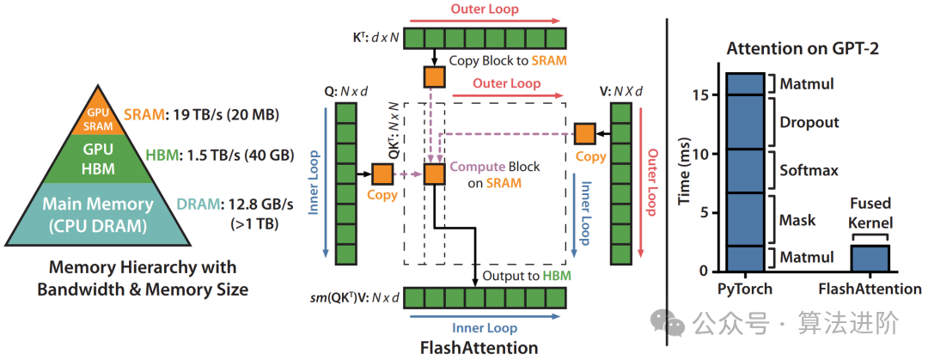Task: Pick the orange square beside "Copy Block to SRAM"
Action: point(435,76)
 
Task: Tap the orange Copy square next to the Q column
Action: point(382,174)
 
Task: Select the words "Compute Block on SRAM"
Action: point(486,174)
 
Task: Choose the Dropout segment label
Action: point(809,122)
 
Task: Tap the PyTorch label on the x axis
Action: point(746,289)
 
